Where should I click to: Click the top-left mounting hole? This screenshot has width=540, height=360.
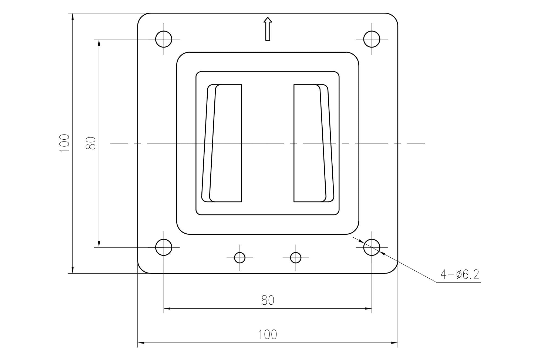164,39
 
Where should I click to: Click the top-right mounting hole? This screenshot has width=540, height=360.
372,39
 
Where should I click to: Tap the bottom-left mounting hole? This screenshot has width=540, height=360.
164,247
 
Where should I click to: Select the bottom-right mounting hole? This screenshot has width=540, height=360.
372,247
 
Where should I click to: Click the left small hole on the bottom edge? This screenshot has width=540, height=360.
240,258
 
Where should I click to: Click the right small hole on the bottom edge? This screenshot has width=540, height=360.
296,258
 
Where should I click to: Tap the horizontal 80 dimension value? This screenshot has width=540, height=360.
268,300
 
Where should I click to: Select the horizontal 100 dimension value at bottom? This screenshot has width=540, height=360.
268,335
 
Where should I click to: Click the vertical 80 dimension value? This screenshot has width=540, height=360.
91,143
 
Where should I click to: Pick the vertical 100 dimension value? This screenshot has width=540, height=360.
65,143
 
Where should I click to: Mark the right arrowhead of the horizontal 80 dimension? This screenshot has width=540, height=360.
369,308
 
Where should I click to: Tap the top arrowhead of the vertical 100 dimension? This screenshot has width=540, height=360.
72,16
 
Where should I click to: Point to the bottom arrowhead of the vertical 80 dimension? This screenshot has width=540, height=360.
99,244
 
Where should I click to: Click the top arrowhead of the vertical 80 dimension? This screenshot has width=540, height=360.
99,42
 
